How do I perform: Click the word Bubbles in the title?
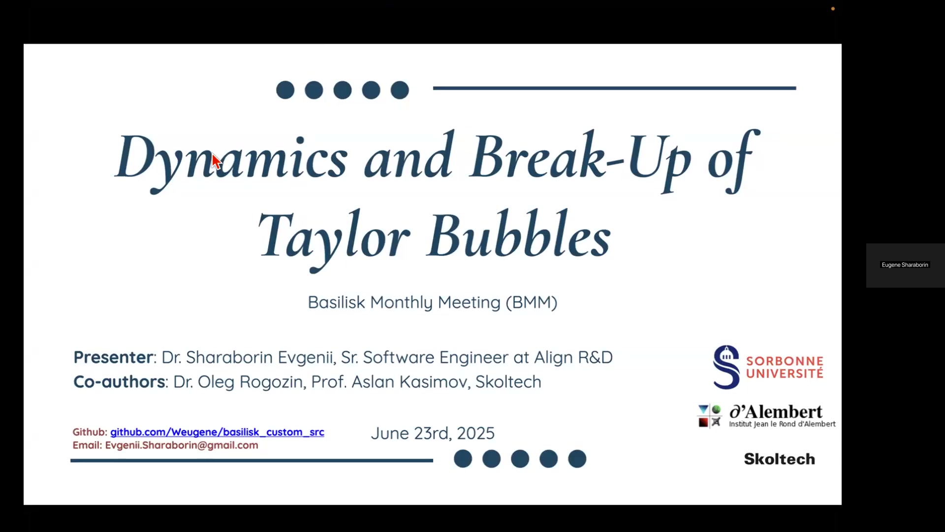point(519,233)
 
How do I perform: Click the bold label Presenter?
point(114,357)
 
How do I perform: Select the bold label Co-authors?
point(120,382)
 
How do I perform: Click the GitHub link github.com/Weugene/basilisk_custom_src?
point(217,432)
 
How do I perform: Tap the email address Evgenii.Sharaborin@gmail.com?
point(182,445)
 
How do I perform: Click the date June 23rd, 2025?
point(433,433)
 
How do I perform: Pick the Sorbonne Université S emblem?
point(726,367)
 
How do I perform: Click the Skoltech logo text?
point(780,459)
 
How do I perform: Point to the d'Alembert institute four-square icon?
point(709,416)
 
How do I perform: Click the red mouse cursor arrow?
point(217,162)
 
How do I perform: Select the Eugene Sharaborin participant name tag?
point(905,265)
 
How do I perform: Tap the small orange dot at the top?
point(833,9)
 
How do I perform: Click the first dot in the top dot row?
point(285,90)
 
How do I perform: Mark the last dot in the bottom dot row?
point(577,459)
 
